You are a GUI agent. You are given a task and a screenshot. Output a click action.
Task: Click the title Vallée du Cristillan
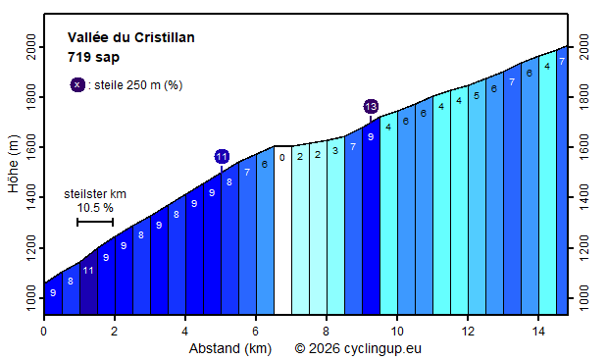[x=130, y=37]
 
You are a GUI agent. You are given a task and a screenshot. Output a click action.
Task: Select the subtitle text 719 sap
[x=93, y=57]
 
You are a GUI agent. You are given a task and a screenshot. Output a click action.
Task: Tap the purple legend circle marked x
[x=77, y=84]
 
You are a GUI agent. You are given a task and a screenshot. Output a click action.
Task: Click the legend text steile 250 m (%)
[x=135, y=85]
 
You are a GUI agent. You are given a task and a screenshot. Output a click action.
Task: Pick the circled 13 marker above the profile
[x=371, y=106]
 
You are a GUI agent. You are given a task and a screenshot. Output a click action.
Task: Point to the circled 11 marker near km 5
[x=222, y=156]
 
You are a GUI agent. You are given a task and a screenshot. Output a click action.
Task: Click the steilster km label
[x=95, y=194]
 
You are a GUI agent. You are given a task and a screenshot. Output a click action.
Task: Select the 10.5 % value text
[x=95, y=208]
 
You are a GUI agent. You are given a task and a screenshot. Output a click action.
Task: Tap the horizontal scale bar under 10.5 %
[x=95, y=223]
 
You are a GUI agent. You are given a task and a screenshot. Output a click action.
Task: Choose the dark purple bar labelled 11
[x=88, y=284]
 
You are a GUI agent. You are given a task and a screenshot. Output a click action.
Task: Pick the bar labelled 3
[x=335, y=226]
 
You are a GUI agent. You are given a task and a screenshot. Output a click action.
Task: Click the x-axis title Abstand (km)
[x=230, y=347]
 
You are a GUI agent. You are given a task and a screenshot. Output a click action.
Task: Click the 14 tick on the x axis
[x=538, y=331]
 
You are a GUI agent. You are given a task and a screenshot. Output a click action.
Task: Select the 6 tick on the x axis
[x=256, y=331]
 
